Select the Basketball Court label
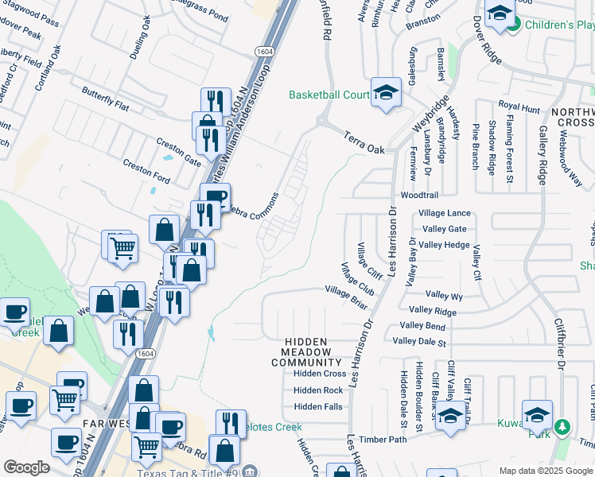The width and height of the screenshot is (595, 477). [329, 95]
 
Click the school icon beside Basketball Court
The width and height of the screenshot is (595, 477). [386, 94]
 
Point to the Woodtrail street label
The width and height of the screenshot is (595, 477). [419, 195]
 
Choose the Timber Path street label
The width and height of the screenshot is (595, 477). [383, 440]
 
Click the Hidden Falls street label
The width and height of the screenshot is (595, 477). [318, 407]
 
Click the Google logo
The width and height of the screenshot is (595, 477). [26, 467]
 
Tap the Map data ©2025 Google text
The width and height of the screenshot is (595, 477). [545, 471]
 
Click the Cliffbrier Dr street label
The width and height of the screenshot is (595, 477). [560, 346]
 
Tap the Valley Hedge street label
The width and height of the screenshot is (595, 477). [445, 245]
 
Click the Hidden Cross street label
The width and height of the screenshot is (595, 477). [320, 374]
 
